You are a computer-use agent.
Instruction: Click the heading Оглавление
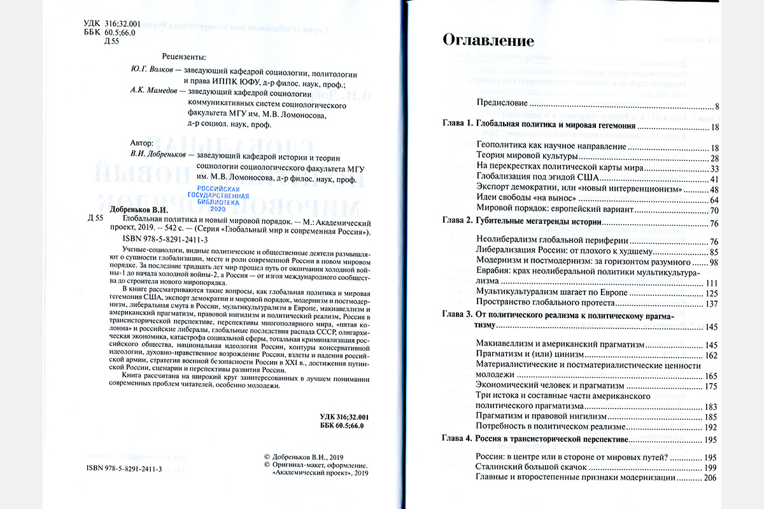tap(488, 42)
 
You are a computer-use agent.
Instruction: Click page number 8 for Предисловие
tap(716, 106)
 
